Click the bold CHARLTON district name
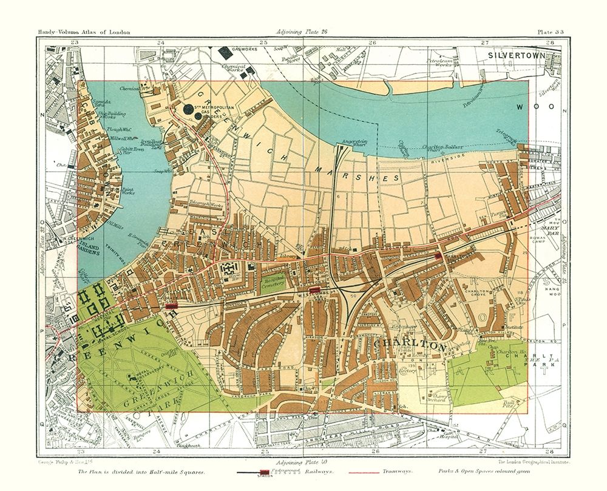click(x=410, y=345)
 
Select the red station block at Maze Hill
click(x=171, y=306)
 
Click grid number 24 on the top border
click(x=160, y=42)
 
